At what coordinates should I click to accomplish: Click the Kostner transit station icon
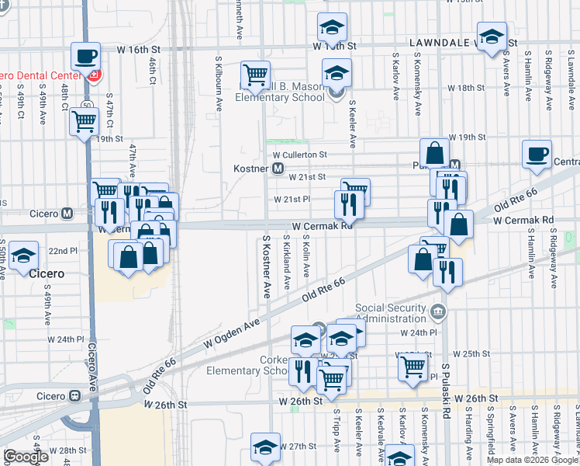[278, 169]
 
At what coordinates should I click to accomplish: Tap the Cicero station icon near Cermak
[67, 213]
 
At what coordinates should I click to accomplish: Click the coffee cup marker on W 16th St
[85, 55]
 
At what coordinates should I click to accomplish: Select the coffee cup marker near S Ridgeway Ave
[536, 153]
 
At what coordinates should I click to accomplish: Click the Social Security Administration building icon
[439, 312]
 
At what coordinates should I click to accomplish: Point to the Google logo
[26, 457]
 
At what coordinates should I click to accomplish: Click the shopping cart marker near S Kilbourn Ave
[254, 74]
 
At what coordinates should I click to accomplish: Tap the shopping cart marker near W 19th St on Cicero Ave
[84, 121]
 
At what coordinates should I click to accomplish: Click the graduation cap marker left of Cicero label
[24, 256]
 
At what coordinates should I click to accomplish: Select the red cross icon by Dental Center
[95, 75]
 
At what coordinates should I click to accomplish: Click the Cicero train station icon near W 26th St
[74, 395]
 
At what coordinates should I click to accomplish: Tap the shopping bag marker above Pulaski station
[435, 152]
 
